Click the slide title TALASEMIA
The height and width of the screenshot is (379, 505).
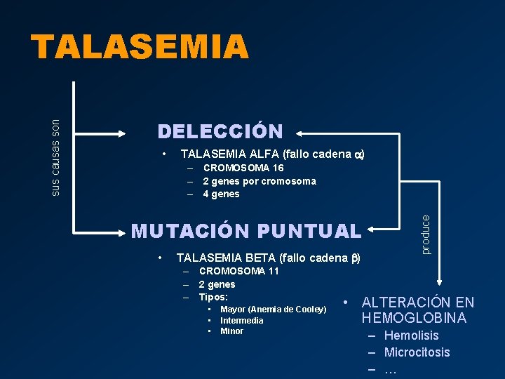pos(140,48)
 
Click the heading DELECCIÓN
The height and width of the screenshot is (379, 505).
pos(220,131)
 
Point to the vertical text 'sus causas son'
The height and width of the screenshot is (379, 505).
pos(57,157)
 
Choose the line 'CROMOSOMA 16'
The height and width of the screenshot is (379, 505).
pos(243,168)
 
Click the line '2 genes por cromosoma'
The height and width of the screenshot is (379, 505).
pos(259,181)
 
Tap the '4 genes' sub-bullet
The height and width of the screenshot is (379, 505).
pos(221,194)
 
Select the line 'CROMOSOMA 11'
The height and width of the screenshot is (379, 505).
pos(239,271)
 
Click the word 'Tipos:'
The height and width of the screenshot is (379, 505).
pos(213,297)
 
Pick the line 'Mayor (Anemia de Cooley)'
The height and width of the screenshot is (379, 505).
pos(273,310)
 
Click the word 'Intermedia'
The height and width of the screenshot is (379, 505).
pos(241,321)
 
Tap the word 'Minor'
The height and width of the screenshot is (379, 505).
pos(231,331)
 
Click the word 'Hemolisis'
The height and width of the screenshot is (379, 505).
pos(411,335)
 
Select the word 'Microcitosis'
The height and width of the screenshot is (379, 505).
pos(417,352)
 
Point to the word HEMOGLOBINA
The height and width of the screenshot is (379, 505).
pos(414,318)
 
